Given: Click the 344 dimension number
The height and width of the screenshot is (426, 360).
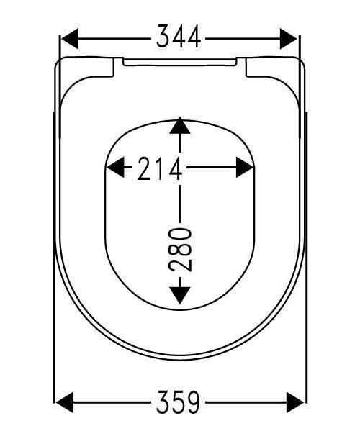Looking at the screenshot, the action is (x=179, y=37).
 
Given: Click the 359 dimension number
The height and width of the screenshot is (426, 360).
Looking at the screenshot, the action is (x=178, y=402).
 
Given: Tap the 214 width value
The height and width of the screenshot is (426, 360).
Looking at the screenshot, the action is (x=160, y=168).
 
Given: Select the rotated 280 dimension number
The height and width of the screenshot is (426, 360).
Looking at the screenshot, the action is (x=180, y=250).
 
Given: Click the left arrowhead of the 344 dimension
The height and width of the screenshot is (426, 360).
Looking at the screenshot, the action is (x=70, y=39).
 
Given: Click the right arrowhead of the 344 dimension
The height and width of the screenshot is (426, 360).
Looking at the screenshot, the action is (x=289, y=39).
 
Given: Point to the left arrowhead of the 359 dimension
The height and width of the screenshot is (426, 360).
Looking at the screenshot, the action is (x=64, y=402).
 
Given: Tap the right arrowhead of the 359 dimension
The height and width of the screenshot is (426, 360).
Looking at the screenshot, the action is (x=295, y=402).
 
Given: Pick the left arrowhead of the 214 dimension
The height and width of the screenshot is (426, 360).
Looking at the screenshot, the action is (x=115, y=167).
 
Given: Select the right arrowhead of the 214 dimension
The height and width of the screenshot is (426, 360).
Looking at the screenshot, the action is (x=245, y=167).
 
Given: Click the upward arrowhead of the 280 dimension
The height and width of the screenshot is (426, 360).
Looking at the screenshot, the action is (x=180, y=125).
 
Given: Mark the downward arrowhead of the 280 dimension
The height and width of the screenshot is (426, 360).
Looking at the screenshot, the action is (x=180, y=296).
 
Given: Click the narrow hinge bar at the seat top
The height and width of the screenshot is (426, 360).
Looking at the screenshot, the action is (x=180, y=62).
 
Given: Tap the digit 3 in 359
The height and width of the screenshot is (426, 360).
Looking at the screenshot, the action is (x=163, y=402).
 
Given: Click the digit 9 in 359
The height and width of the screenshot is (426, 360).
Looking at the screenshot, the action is (x=193, y=402).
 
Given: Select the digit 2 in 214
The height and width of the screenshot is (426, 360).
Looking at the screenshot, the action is (x=145, y=168).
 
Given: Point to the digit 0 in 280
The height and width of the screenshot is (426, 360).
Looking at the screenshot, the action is (x=180, y=235).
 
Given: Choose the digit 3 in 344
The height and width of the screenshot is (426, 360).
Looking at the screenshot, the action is (x=163, y=37).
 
